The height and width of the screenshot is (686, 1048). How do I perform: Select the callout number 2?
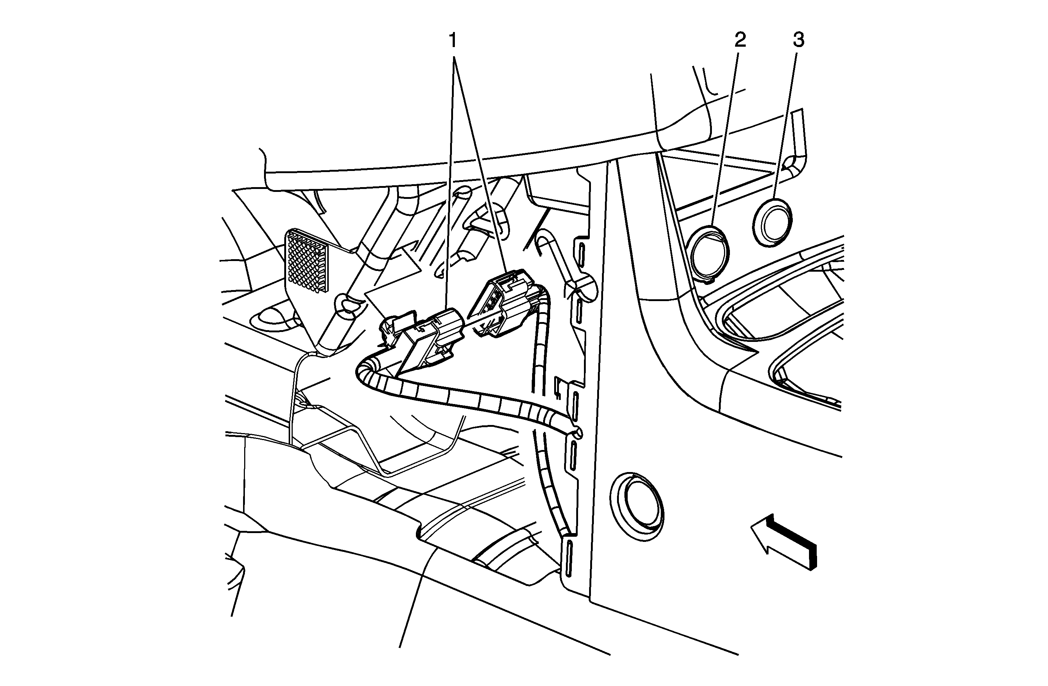click(740, 40)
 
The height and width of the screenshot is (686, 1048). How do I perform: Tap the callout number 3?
click(798, 40)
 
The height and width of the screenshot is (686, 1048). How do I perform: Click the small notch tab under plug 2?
click(706, 278)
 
